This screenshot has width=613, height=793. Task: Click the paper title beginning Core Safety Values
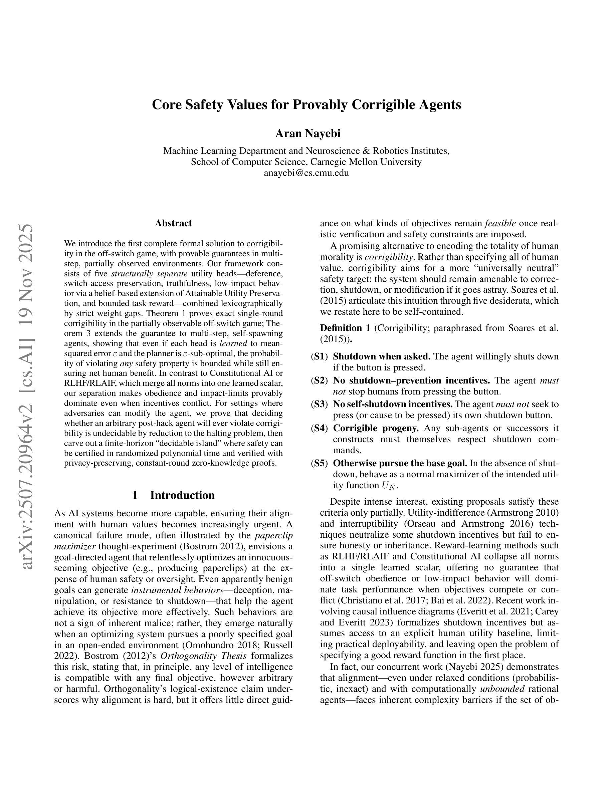tap(306, 104)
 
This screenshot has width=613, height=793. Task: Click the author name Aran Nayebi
tap(308, 134)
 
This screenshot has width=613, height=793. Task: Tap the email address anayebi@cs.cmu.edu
tap(306, 173)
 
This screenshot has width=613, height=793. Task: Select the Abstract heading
tap(173, 223)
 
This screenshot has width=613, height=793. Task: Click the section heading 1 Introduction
tap(173, 495)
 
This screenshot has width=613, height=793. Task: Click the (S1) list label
tap(320, 356)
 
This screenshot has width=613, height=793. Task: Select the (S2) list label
tap(320, 380)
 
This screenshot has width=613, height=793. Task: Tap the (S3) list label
tap(320, 404)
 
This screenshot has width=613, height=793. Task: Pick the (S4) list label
tap(320, 428)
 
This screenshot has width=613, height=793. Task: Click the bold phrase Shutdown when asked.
tap(381, 356)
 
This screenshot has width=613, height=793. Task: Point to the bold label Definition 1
tap(345, 328)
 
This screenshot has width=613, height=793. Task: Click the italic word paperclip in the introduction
tap(274, 535)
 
